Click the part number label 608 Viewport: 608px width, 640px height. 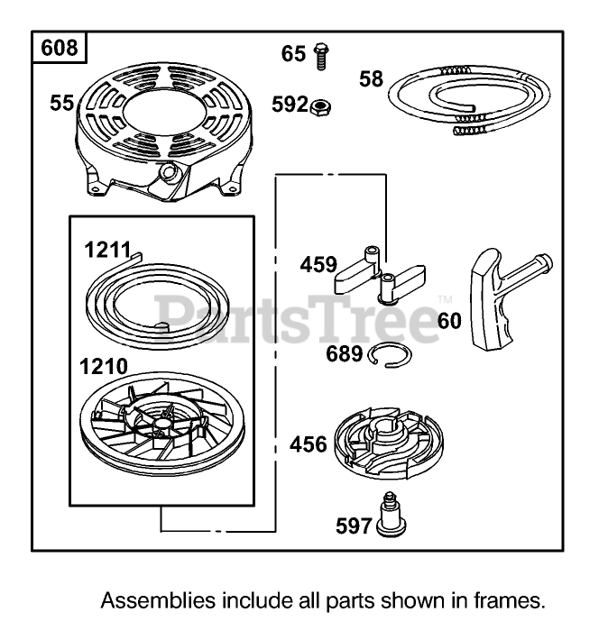(x=60, y=47)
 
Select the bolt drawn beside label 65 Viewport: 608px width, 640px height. (x=318, y=56)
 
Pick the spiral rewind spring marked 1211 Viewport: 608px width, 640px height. (x=162, y=297)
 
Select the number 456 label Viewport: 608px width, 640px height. (x=309, y=444)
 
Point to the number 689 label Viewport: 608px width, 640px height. (x=345, y=354)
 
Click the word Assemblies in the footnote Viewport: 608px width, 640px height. (x=145, y=600)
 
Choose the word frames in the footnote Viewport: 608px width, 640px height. (x=515, y=600)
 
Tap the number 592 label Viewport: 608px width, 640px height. (x=290, y=105)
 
